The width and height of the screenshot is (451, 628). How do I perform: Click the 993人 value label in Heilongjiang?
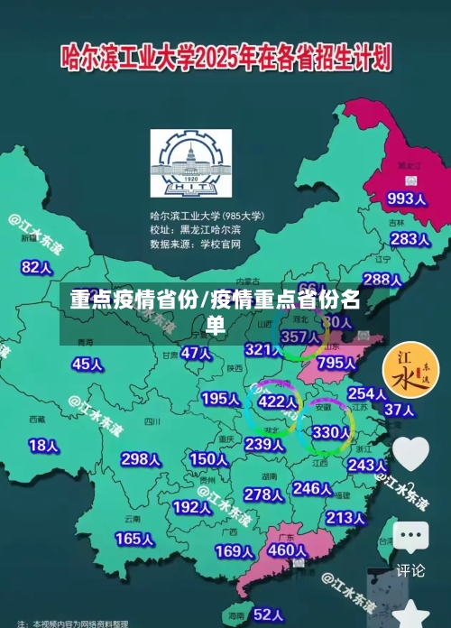pos(406,198)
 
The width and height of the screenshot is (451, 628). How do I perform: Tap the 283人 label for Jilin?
pos(410,239)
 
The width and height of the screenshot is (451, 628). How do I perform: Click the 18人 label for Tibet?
pos(43,445)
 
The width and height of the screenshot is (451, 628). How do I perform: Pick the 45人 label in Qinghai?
pos(87,364)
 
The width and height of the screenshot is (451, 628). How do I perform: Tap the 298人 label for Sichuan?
pos(141,459)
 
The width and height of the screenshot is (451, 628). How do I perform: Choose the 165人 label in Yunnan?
pos(134,539)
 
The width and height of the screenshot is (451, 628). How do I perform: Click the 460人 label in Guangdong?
pos(289,549)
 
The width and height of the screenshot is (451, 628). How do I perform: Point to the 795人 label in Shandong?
pos(336,363)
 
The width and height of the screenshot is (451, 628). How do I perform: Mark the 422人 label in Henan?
pos(278,402)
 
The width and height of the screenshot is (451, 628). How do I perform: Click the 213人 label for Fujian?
pos(345,518)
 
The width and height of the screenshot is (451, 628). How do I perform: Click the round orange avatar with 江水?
pos(410,371)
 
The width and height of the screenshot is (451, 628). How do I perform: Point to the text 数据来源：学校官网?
pos(196,244)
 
